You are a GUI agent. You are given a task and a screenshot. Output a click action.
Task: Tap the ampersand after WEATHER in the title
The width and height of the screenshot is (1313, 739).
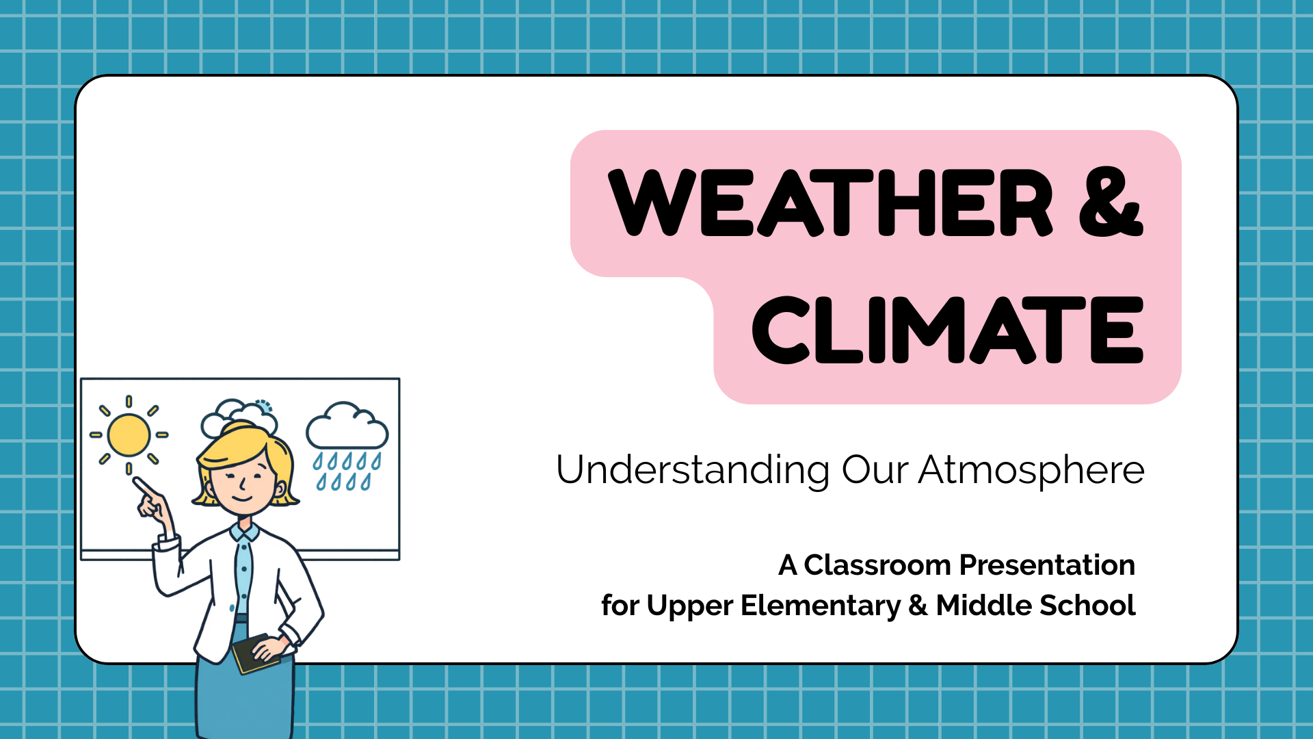[x=1111, y=202]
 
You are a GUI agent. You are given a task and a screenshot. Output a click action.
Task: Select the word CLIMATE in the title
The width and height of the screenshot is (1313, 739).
[x=948, y=330]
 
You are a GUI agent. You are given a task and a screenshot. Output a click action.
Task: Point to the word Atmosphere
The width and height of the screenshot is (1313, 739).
[x=1031, y=471]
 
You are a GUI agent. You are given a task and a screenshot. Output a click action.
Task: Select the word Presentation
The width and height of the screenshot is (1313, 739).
[x=1047, y=565]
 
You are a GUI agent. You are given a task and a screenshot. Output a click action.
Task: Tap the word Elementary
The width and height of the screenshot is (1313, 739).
[x=821, y=606]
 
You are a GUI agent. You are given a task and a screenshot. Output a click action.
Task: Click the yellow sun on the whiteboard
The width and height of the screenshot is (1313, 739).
[x=129, y=435]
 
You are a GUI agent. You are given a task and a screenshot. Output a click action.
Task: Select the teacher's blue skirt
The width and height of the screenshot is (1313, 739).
[x=245, y=691]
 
